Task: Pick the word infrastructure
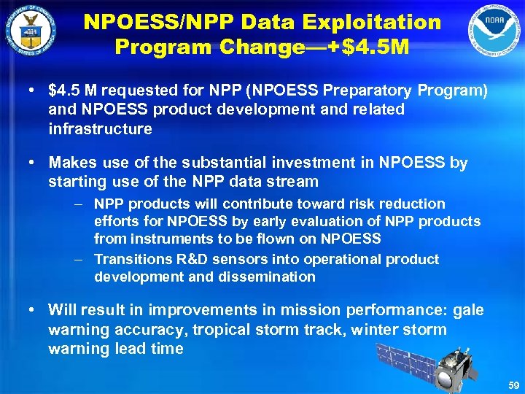coord(100,129)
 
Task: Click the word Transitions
coord(131,259)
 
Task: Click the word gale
coord(468,310)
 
